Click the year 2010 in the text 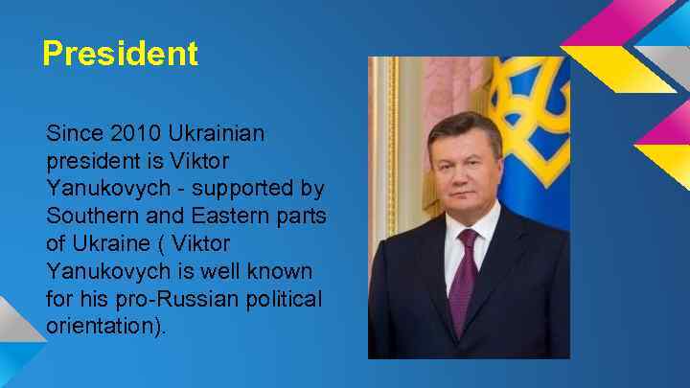coord(130,131)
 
